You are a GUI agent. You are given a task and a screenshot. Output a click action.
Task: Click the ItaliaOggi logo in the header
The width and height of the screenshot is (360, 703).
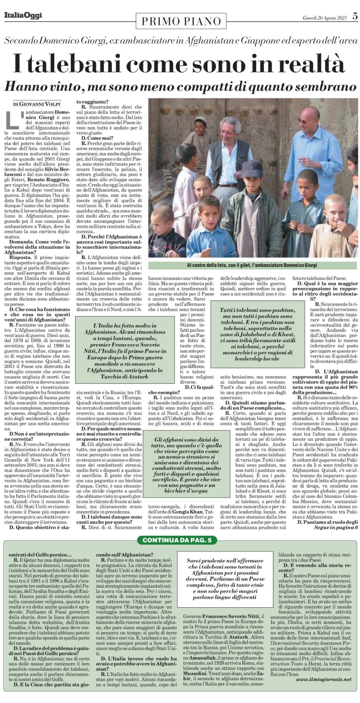tap(23, 16)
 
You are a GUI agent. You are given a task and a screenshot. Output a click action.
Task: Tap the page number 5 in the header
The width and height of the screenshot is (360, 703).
tap(355, 16)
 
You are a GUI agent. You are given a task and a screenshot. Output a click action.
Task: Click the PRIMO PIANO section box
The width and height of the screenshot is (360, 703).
tap(182, 21)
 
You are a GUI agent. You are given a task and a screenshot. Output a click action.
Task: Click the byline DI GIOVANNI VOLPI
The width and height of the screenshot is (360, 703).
tap(37, 104)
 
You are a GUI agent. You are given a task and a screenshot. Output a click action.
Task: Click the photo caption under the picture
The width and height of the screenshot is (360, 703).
tap(252, 265)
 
